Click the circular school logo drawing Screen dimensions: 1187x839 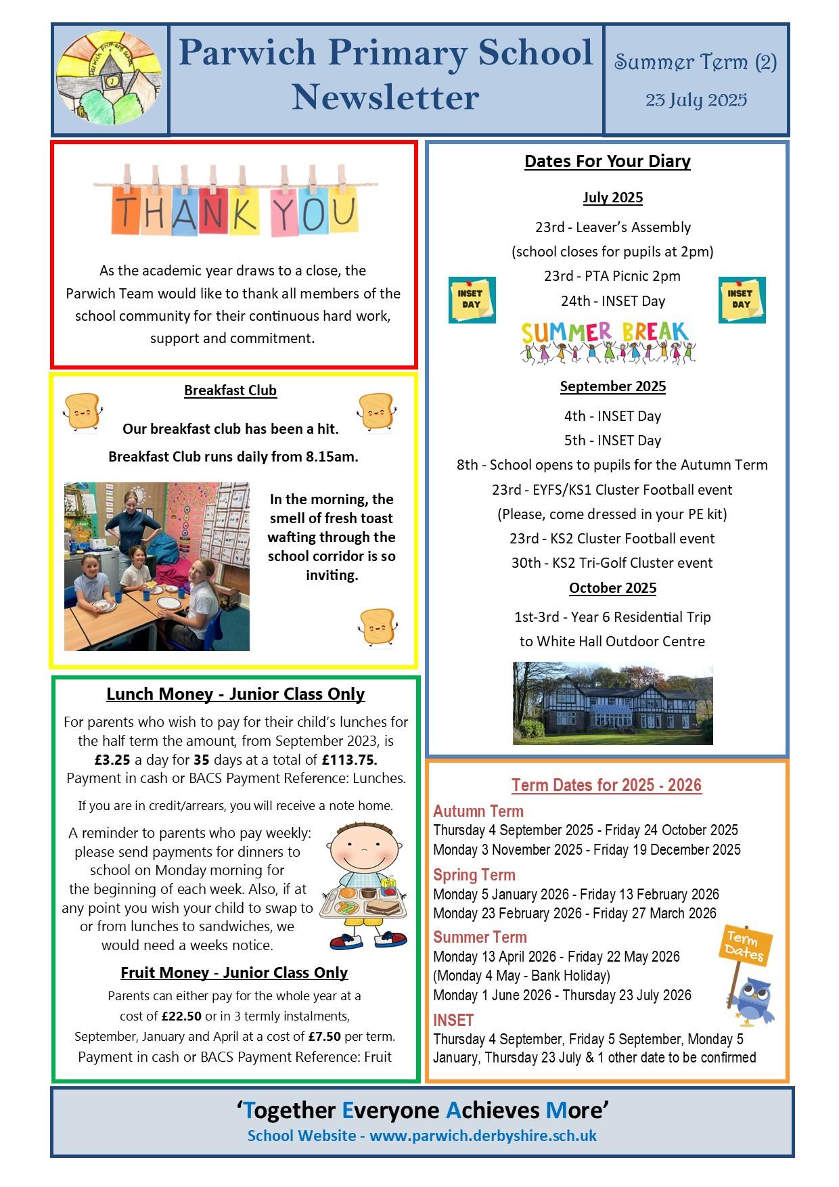(110, 81)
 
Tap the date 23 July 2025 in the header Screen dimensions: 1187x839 (696, 100)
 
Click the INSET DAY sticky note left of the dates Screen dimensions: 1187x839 (472, 299)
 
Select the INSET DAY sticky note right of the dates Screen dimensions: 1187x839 (742, 299)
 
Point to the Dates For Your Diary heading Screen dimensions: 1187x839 (607, 161)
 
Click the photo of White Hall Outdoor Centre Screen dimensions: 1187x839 (612, 703)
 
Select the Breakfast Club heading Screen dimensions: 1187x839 (230, 390)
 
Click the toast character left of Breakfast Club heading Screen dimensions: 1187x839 (82, 411)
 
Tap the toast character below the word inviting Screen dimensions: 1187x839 (377, 627)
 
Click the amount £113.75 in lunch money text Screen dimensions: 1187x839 (349, 759)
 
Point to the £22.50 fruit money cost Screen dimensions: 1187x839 (181, 1016)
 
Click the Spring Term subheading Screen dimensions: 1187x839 (474, 875)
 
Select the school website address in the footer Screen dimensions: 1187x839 (482, 1135)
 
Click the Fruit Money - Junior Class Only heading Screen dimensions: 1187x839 (234, 972)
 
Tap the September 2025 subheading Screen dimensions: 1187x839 (612, 386)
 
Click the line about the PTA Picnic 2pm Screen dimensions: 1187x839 (612, 276)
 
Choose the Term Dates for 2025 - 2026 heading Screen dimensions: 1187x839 (606, 785)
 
